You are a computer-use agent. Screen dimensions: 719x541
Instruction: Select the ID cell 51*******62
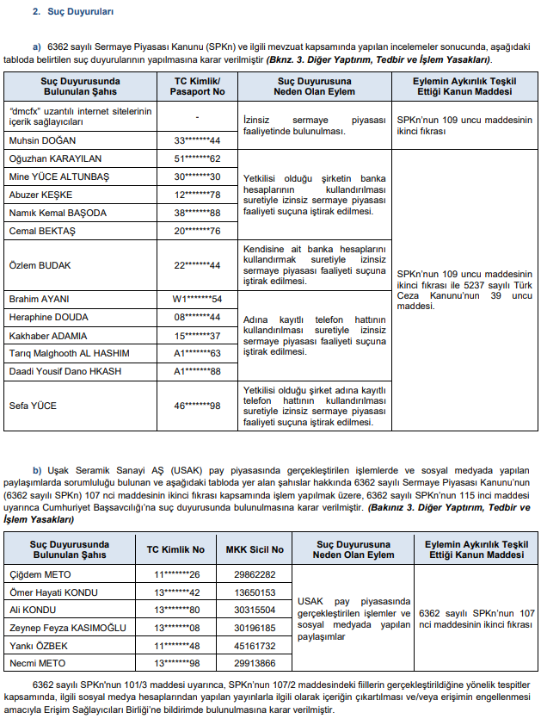tap(198, 158)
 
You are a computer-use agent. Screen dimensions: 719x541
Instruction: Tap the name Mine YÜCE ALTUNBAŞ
tap(58, 177)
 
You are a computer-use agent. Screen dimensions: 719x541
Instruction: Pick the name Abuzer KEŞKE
tap(40, 195)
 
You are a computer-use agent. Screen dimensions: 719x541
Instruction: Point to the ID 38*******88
tap(198, 213)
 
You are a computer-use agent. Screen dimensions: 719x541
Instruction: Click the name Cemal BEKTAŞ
tap(40, 231)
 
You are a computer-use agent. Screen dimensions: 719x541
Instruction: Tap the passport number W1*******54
tap(198, 299)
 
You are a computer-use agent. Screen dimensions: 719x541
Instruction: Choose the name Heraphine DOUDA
tap(48, 317)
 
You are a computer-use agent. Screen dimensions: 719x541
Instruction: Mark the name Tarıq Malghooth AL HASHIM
tap(69, 353)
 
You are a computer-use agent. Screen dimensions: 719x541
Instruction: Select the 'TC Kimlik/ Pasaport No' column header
tap(198, 85)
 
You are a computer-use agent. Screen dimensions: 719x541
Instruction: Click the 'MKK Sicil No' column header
tap(255, 549)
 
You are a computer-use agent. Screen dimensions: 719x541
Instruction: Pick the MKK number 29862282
tap(255, 574)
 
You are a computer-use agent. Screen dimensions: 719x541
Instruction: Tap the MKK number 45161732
tap(255, 645)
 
